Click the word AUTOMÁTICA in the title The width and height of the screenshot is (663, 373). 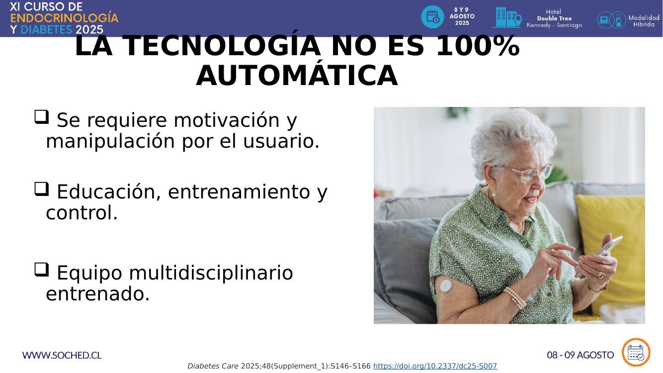click(x=297, y=75)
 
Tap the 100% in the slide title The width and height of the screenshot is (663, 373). click(x=478, y=46)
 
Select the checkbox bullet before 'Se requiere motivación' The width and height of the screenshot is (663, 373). click(x=42, y=117)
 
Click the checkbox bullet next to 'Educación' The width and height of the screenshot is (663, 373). click(x=42, y=189)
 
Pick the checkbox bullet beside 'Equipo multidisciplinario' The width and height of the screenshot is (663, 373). click(x=42, y=270)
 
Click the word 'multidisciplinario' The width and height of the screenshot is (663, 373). click(x=211, y=273)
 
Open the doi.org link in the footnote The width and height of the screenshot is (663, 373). click(x=435, y=366)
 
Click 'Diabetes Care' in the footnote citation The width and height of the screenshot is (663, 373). click(x=213, y=366)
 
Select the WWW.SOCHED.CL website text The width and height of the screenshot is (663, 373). click(x=62, y=355)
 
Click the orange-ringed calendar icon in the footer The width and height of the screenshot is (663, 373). click(x=636, y=352)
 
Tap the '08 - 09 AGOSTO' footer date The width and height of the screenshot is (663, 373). click(x=580, y=355)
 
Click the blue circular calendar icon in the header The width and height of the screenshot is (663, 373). click(x=432, y=17)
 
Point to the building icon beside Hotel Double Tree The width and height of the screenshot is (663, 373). click(x=507, y=17)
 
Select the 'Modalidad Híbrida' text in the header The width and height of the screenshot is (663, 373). click(x=644, y=21)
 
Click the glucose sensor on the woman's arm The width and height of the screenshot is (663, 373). click(x=446, y=286)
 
